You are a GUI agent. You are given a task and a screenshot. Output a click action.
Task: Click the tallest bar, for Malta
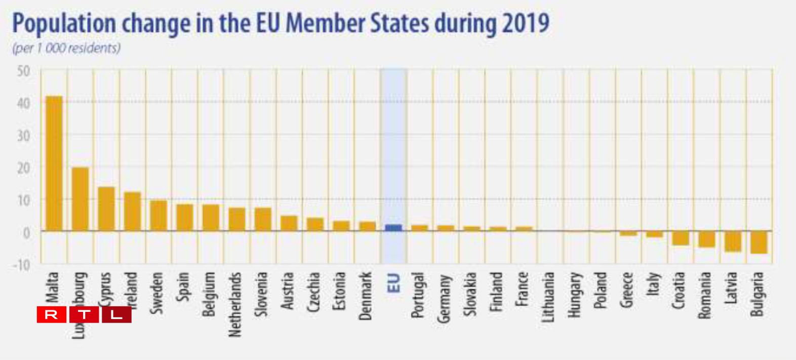tap(54, 163)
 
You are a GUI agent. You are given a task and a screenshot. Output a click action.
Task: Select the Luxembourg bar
tap(80, 199)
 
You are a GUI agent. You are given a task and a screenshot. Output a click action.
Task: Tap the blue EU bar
tap(393, 228)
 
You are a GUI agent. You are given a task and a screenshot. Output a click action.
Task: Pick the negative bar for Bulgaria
tap(759, 242)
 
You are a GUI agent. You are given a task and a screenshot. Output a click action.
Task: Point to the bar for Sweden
tap(158, 216)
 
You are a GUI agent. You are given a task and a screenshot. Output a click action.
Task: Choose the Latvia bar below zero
tap(733, 241)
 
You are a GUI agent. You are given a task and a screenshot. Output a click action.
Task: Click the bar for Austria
tap(289, 223)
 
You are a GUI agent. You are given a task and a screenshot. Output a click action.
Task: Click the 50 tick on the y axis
tap(23, 71)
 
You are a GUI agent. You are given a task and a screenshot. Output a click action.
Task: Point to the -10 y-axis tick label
tap(21, 264)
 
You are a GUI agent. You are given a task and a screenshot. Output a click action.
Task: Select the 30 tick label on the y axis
tap(23, 136)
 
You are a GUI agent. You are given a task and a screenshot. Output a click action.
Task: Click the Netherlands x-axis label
tap(236, 304)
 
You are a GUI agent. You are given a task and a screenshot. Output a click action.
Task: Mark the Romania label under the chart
tap(705, 295)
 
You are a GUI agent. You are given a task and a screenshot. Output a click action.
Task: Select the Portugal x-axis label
tap(418, 295)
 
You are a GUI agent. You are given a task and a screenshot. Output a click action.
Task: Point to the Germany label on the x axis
tap(444, 298)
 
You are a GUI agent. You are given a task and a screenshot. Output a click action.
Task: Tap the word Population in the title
tap(64, 24)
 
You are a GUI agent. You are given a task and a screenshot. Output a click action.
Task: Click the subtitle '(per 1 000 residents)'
tap(66, 48)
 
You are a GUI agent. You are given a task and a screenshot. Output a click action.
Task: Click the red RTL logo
tap(84, 314)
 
